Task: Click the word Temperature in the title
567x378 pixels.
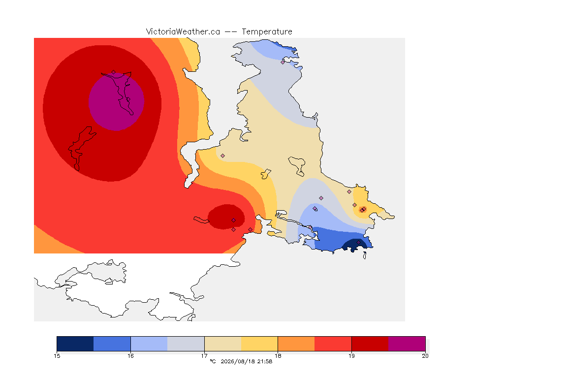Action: coord(267,32)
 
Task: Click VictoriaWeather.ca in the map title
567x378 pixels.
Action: coord(183,32)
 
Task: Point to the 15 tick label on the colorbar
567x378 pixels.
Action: coord(57,356)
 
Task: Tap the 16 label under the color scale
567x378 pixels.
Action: coord(130,356)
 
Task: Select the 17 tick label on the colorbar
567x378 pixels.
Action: coord(204,356)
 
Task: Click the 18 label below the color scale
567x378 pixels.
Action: coord(278,356)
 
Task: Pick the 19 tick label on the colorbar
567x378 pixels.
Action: coord(351,356)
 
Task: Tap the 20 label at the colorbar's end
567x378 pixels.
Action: coord(425,356)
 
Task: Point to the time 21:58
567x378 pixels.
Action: coord(265,361)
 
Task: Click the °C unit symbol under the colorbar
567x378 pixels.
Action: coord(213,361)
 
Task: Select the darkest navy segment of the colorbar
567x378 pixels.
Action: coord(75,344)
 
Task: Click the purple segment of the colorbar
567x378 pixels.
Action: coord(407,344)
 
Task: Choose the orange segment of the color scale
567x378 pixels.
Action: coord(296,344)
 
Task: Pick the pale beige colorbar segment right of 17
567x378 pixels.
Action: coord(223,344)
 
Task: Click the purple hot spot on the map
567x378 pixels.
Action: coord(117,102)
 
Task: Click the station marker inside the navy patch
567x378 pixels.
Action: coord(358,242)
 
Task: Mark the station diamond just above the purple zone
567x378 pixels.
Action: coord(114,72)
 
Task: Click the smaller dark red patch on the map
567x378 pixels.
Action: coord(226,217)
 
